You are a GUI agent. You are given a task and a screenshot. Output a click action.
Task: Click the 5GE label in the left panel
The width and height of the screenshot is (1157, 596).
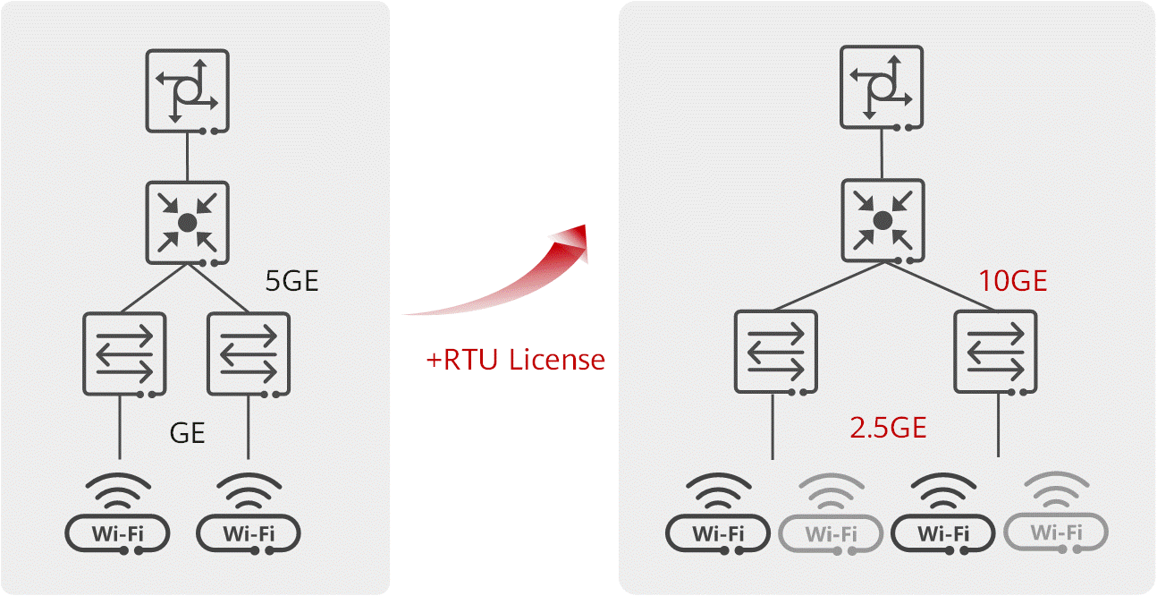[291, 282]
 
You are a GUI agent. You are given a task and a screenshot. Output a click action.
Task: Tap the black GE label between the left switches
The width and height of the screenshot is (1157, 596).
[188, 434]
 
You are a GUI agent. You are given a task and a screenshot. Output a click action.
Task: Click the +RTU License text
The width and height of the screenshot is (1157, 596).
[516, 360]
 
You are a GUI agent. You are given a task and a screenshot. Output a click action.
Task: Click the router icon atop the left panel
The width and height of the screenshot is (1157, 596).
[188, 90]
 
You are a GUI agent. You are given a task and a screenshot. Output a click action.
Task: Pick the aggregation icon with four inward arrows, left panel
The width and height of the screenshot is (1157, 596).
[188, 223]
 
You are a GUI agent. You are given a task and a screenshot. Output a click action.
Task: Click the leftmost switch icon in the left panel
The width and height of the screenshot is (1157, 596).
[124, 353]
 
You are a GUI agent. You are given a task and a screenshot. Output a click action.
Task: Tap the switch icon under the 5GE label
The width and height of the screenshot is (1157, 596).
[249, 353]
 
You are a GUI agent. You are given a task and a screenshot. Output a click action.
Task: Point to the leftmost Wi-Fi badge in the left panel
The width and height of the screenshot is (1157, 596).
[117, 534]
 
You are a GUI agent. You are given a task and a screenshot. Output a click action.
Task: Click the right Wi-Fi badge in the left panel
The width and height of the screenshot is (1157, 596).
[249, 534]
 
